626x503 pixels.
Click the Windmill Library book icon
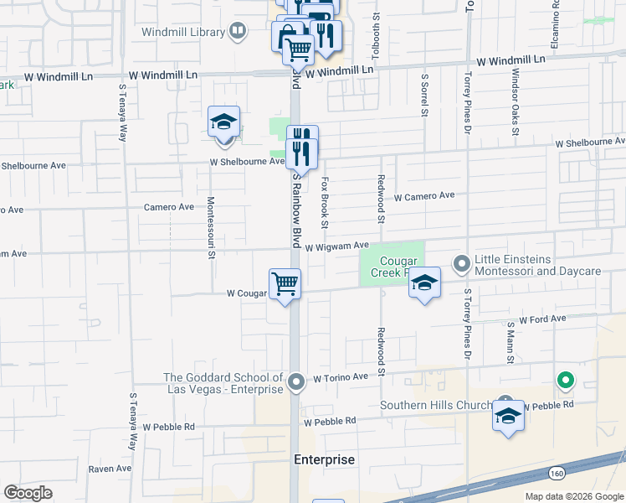tap(239, 33)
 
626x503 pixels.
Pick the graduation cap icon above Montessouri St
tap(223, 122)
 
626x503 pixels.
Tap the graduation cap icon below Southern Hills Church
tap(508, 417)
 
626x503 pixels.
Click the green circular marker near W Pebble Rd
tap(566, 381)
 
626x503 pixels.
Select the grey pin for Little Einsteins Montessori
tap(461, 264)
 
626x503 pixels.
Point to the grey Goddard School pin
tap(296, 382)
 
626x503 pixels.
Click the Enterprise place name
tap(324, 460)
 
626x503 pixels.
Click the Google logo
tap(28, 492)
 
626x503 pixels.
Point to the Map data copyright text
tap(574, 496)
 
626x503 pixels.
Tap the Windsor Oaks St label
tap(513, 100)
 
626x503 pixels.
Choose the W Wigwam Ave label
tap(336, 246)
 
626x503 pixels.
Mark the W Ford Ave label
tap(542, 319)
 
